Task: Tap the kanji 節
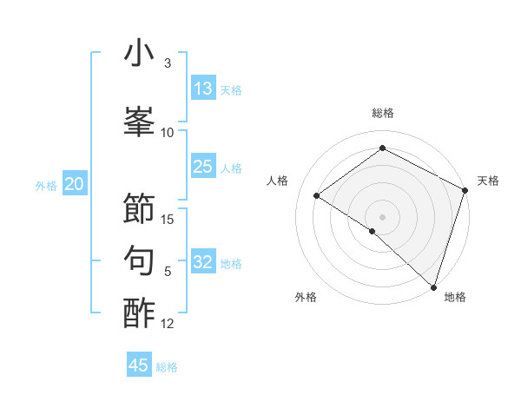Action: click(139, 208)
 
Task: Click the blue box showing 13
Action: click(203, 89)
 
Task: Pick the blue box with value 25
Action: click(203, 167)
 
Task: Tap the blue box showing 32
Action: click(203, 262)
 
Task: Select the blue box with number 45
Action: click(139, 365)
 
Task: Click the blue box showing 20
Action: click(75, 184)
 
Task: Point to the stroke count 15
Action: click(168, 219)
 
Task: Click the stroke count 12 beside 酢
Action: click(168, 324)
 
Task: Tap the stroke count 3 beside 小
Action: click(168, 63)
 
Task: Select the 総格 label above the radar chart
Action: click(383, 113)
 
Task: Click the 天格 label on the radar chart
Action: click(488, 181)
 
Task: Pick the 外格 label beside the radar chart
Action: click(306, 297)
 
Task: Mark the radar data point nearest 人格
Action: click(317, 195)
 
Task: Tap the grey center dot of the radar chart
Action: click(382, 216)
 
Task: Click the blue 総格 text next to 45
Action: click(167, 367)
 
